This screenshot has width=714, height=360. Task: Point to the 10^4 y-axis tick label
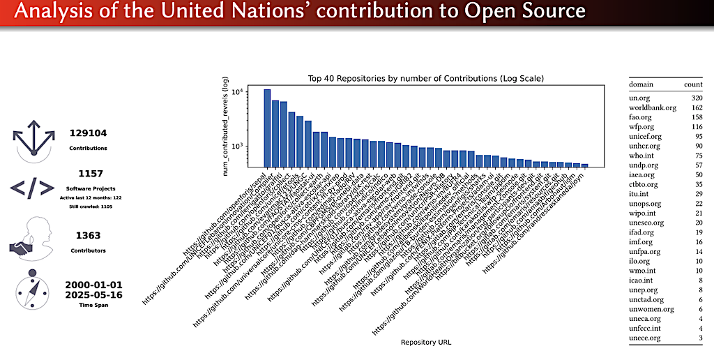pyautogui.click(x=237, y=92)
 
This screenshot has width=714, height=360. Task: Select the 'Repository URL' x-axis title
pyautogui.click(x=425, y=342)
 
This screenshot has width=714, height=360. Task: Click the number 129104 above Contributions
pyautogui.click(x=88, y=133)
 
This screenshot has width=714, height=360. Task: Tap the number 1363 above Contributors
pyautogui.click(x=88, y=236)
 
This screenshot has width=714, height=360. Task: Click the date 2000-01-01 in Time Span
pyautogui.click(x=93, y=285)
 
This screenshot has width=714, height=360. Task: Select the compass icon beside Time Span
pyautogui.click(x=29, y=288)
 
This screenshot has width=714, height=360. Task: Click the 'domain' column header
pyautogui.click(x=641, y=84)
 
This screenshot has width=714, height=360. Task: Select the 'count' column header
pyautogui.click(x=693, y=84)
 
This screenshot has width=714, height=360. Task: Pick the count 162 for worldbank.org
pyautogui.click(x=695, y=107)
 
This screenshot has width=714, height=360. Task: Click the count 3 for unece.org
pyautogui.click(x=699, y=338)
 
